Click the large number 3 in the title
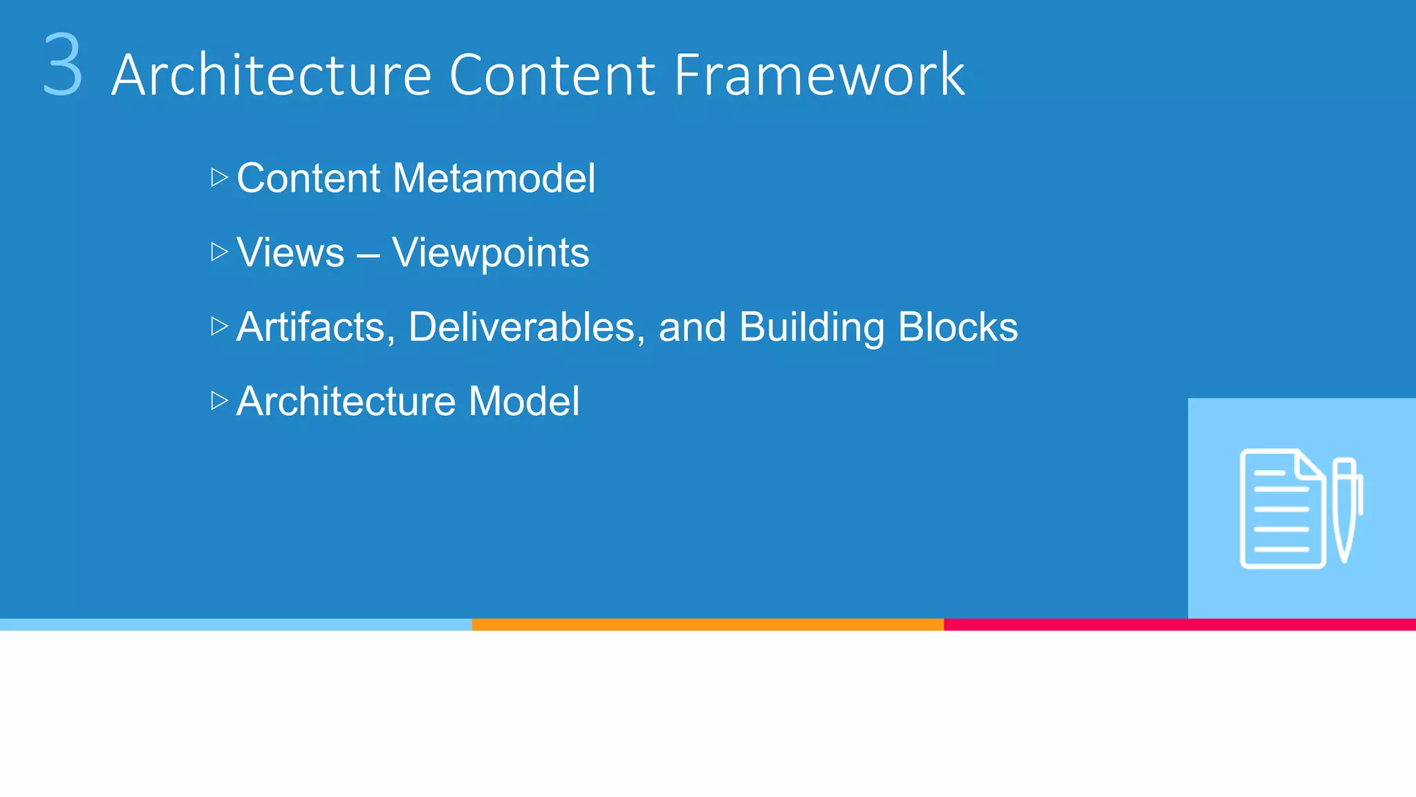pos(62,66)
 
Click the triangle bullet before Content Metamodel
pos(219,178)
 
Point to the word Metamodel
pos(494,178)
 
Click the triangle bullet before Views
pos(219,252)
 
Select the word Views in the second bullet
pos(290,253)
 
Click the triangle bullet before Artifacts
pos(219,327)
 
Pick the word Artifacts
pos(315,327)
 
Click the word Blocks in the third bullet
pos(958,327)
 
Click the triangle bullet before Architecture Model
pos(219,401)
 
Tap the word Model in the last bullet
pos(523,401)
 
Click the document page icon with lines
pos(1281,511)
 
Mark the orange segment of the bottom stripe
pos(707,624)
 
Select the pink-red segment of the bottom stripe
pos(1179,624)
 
